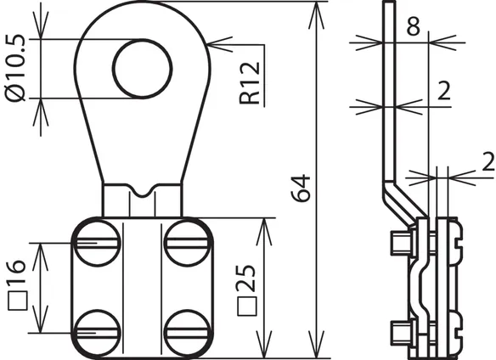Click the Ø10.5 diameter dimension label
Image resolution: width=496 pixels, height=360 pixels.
coord(15,68)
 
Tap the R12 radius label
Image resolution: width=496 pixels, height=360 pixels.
coord(250,83)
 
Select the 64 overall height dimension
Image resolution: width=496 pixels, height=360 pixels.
coord(301,188)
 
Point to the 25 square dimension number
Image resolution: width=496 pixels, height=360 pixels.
coord(245,278)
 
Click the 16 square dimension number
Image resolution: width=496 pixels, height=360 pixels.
coord(17,271)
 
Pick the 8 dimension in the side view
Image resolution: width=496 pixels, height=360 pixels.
coord(414,26)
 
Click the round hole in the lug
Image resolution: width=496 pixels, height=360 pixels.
coord(143,69)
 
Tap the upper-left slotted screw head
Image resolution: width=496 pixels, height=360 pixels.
coord(98,244)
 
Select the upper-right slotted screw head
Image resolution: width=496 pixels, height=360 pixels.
coord(188,244)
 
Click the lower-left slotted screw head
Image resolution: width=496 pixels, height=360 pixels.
coord(98,333)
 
